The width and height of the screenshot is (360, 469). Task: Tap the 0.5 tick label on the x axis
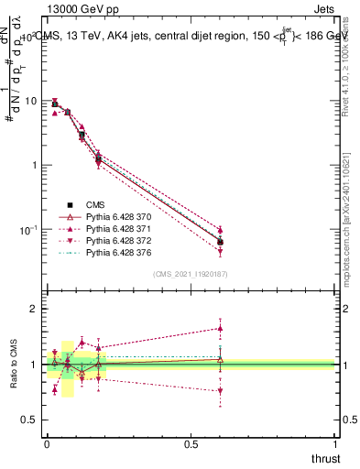coord(191,445)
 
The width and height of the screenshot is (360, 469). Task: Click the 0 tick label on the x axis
coord(47,445)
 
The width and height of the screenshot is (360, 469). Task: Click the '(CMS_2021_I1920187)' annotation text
coord(191,273)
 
